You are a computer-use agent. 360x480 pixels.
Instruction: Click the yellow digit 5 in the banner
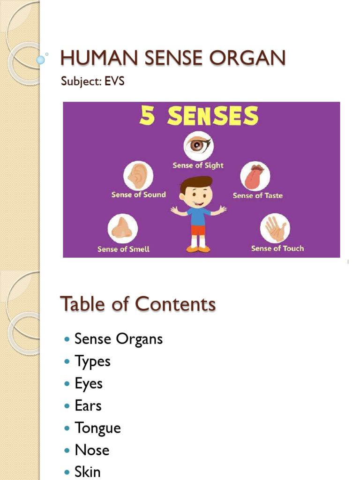click(x=148, y=116)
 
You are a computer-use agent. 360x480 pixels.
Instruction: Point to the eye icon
click(x=198, y=145)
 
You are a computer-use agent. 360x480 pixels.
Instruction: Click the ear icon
click(x=138, y=175)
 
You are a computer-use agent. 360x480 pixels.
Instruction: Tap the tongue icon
click(x=255, y=176)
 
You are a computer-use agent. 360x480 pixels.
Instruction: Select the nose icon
click(x=123, y=228)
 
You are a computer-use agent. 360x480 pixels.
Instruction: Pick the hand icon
click(x=275, y=228)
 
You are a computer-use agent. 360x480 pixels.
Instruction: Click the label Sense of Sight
click(x=198, y=165)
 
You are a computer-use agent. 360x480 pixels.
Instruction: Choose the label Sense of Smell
click(x=123, y=249)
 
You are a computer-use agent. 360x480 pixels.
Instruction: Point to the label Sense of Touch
click(x=277, y=248)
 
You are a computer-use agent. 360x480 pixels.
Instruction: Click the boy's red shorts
click(x=198, y=230)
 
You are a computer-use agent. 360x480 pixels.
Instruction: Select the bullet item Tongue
click(x=97, y=428)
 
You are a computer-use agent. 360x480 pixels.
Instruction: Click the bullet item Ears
click(x=88, y=405)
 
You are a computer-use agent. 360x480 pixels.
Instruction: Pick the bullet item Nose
click(x=92, y=450)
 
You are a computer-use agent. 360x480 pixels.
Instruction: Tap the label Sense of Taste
click(x=258, y=195)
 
